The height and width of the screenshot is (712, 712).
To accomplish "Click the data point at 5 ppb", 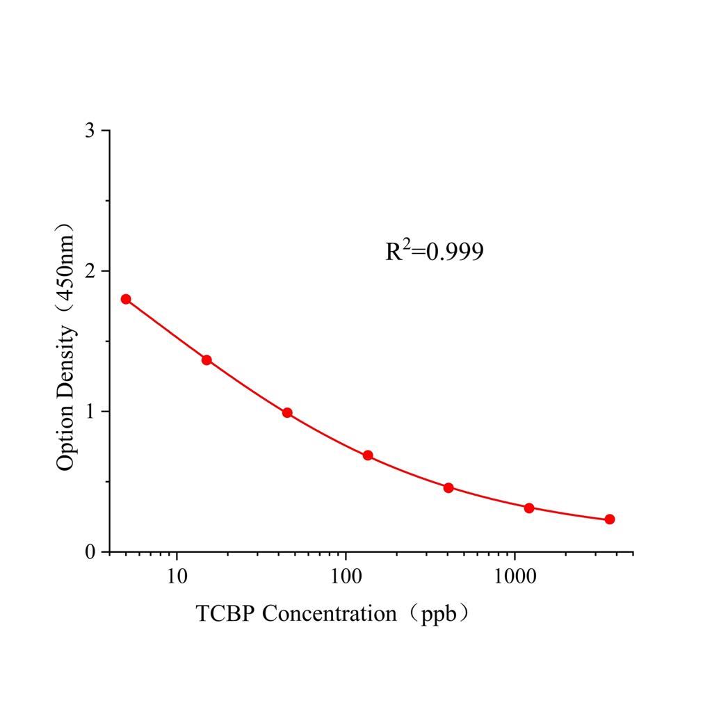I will (126, 299).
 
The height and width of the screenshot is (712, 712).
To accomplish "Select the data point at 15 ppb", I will (207, 359).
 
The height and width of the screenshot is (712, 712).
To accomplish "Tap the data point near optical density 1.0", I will (287, 412).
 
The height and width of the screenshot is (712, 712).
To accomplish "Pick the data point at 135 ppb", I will (368, 455).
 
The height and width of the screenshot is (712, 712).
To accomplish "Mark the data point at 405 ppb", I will (448, 487).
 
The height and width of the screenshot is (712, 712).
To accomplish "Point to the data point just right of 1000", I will (529, 508).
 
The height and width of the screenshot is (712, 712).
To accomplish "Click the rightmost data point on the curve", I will (610, 519).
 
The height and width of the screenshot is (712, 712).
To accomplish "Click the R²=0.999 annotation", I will (435, 252).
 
